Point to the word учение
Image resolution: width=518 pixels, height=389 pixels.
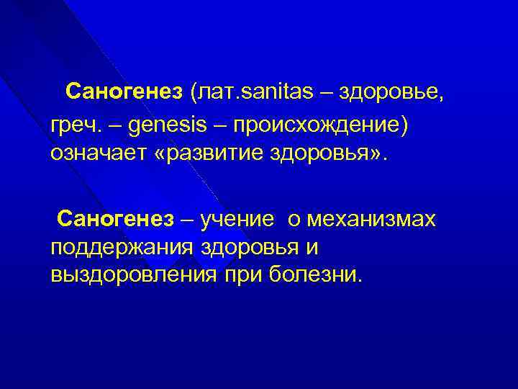pos(239,218)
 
